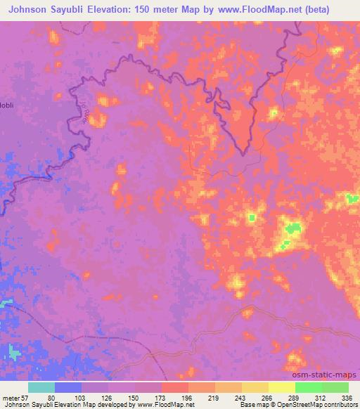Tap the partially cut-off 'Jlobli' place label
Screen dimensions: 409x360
point(8,105)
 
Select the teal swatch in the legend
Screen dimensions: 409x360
point(41,387)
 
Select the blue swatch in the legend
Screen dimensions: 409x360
point(68,387)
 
